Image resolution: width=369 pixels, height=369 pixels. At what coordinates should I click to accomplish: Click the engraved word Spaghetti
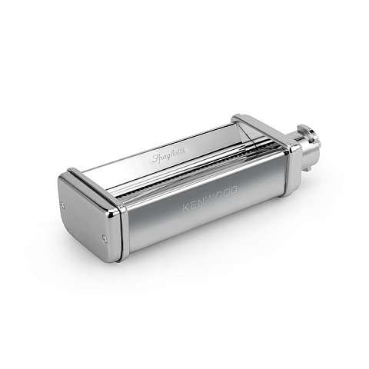click(x=169, y=155)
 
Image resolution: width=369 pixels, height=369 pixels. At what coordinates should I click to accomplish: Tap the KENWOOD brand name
click(x=210, y=199)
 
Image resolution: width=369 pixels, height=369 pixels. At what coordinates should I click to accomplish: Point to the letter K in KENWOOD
click(x=186, y=208)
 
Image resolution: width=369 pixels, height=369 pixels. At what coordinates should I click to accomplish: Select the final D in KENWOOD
click(x=233, y=191)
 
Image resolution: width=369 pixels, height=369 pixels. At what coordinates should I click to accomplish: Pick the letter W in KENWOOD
click(x=209, y=199)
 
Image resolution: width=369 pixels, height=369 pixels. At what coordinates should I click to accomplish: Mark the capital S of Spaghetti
click(x=156, y=158)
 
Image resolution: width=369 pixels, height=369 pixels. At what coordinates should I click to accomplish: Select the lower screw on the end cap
click(x=104, y=238)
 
